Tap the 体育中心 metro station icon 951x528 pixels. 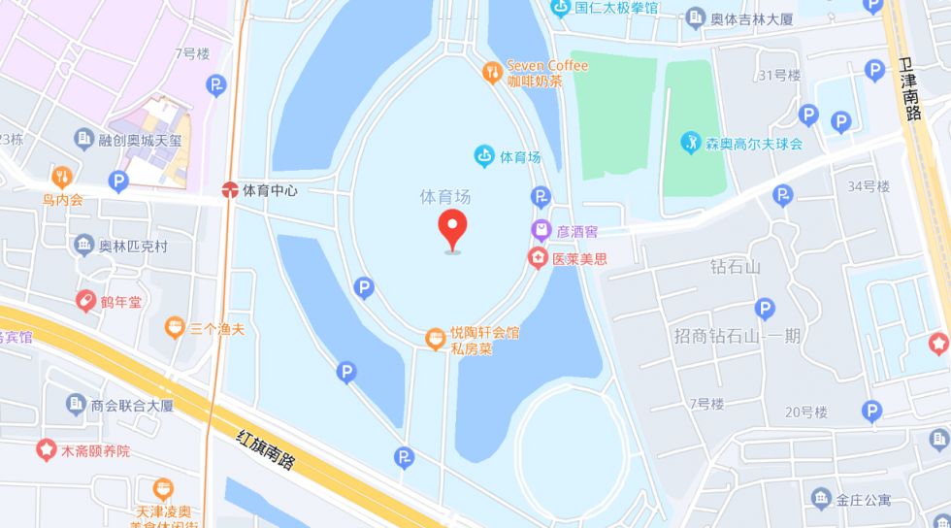coord(230,190)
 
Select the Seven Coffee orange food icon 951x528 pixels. coord(493,71)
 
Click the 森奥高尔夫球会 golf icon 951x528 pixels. coord(690,143)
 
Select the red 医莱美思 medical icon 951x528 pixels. coord(537,258)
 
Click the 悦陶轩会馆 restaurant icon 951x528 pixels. coord(436,339)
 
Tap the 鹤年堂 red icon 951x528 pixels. coord(85,301)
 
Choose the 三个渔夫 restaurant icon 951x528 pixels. coord(175,328)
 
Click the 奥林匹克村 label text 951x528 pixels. coord(133,247)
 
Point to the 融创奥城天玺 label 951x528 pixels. coord(140,140)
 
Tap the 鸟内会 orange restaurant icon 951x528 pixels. coord(62,178)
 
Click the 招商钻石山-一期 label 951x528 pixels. coord(738,336)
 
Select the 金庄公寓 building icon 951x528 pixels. coord(821,499)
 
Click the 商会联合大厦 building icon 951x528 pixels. coord(77,404)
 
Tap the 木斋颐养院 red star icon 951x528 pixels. coord(46,449)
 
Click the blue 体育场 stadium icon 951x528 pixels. coord(483,155)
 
